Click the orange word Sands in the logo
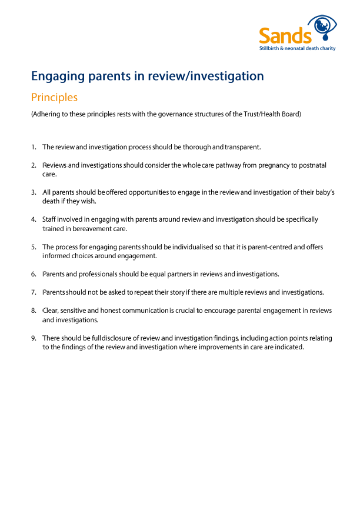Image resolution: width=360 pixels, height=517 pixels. click(x=285, y=36)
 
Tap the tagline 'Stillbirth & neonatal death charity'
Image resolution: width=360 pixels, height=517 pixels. click(x=298, y=48)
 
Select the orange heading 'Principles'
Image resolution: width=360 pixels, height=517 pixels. click(x=54, y=97)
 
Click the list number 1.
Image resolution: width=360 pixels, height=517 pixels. click(x=34, y=146)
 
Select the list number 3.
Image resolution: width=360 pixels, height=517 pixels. click(x=34, y=192)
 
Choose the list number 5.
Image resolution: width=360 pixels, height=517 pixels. click(x=34, y=247)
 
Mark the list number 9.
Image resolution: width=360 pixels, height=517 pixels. click(x=34, y=338)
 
